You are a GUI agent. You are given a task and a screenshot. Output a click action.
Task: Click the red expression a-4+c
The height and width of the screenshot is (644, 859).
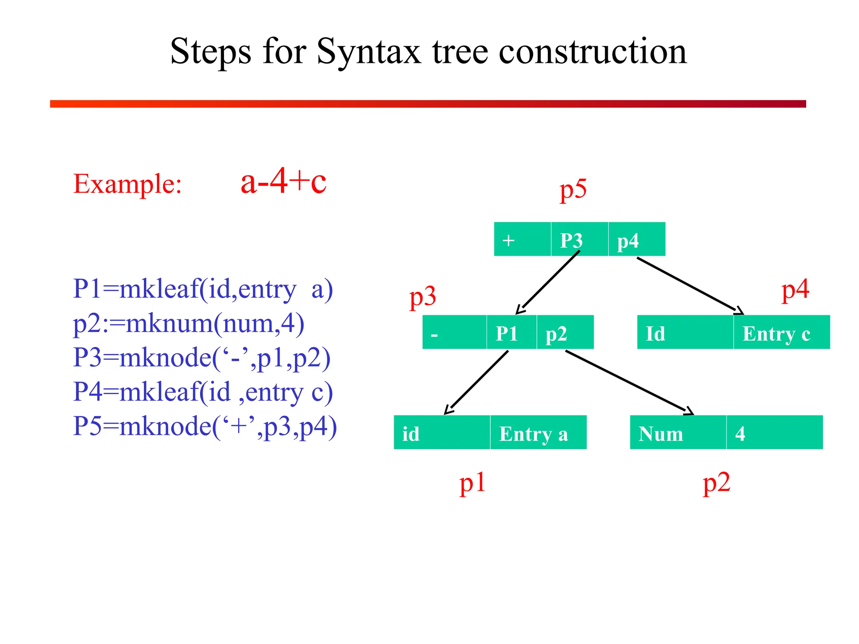coord(283,181)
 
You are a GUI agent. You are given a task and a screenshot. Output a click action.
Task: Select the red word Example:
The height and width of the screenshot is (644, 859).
coord(128,184)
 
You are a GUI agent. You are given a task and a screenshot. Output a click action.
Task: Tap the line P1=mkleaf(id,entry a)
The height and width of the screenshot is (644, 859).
coord(203,289)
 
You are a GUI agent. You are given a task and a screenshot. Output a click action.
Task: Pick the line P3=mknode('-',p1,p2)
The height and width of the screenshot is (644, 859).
coord(202,358)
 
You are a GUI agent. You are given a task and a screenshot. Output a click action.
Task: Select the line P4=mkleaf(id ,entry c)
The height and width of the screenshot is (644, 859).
coord(203,392)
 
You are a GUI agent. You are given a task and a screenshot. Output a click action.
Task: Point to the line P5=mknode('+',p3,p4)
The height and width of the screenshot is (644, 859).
coord(205,426)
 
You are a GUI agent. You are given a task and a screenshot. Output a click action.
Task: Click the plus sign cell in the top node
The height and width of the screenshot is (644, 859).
coord(522,239)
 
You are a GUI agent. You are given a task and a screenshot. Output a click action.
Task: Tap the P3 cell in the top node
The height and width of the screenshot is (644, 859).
coord(579,239)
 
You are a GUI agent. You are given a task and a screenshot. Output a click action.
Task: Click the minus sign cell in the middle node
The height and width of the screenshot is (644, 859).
coord(454,332)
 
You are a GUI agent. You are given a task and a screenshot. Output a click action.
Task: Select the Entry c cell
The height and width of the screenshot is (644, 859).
coord(781,332)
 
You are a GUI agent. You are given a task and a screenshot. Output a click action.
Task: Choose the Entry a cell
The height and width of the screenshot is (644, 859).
coord(538,433)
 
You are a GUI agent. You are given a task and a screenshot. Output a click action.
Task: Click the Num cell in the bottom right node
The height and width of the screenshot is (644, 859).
coord(677,433)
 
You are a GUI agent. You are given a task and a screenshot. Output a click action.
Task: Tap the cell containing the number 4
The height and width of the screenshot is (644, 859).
coord(774,433)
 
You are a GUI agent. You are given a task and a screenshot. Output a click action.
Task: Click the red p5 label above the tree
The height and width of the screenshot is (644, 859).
coord(573,190)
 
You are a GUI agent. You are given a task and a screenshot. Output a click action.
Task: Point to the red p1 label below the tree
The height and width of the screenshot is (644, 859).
coord(472,483)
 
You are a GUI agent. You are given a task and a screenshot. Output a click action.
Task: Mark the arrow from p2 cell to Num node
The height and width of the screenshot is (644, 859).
coord(629,382)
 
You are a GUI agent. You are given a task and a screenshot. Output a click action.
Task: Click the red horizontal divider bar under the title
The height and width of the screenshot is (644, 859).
coord(428,104)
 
